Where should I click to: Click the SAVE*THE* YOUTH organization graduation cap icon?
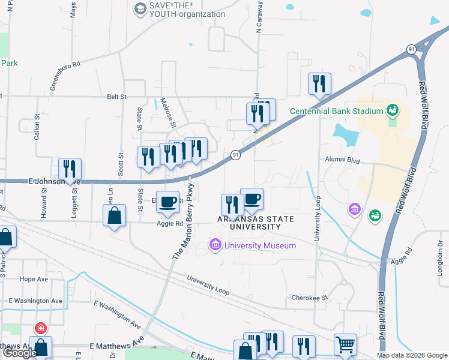tap(140, 8)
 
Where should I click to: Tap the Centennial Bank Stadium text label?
tap(336, 111)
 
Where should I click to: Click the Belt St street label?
tap(117, 96)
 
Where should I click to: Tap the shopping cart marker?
tap(345, 344)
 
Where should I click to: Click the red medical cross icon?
tap(40, 329)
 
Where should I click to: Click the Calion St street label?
tap(37, 127)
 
